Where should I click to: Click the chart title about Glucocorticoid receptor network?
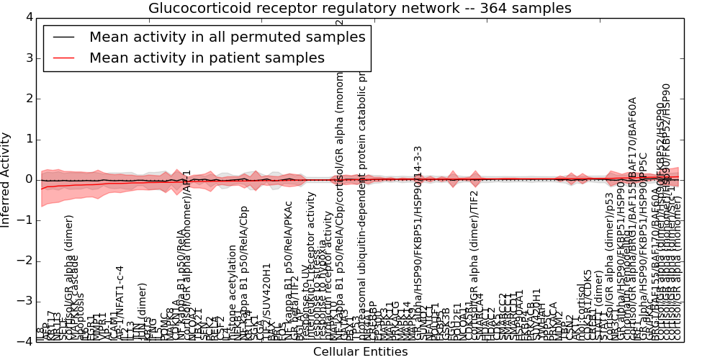coord(359,9)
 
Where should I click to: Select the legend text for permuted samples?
coord(227,37)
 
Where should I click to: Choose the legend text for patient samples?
coord(207,58)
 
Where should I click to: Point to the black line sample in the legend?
coord(63,37)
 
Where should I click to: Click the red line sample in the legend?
coord(63,58)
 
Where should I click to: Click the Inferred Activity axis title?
coord(6,179)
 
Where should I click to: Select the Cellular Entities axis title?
coord(360,352)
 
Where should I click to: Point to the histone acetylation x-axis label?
coord(233,292)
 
